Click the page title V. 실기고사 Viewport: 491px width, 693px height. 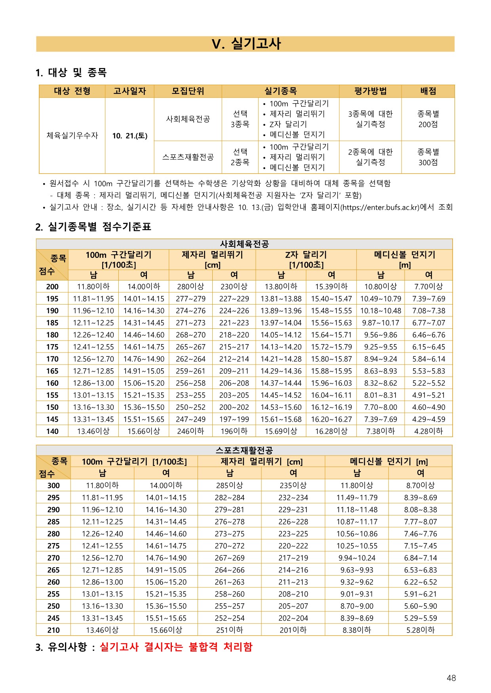[246, 44]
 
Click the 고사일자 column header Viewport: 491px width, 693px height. [129, 91]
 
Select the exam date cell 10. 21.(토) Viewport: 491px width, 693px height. [129, 136]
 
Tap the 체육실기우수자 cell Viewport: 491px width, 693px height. [72, 135]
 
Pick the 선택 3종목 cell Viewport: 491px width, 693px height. [240, 119]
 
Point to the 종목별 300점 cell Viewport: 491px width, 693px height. [428, 157]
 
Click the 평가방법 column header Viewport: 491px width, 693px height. [370, 91]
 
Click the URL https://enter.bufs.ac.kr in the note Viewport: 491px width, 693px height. [381, 207]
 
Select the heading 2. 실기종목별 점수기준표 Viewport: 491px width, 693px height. [93, 227]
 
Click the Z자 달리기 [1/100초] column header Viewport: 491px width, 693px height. [306, 259]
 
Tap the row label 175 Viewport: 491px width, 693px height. [52, 347]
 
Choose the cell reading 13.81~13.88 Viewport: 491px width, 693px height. [281, 299]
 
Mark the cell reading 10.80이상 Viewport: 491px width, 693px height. [381, 286]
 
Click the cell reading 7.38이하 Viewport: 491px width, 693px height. [381, 431]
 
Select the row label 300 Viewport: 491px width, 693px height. [53, 485]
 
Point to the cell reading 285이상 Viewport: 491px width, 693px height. [230, 485]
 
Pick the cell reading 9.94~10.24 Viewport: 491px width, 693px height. [357, 558]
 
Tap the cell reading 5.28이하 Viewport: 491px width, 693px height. [421, 630]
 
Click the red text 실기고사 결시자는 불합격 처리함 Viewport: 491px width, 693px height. [176, 647]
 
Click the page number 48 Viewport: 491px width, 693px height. [451, 678]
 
